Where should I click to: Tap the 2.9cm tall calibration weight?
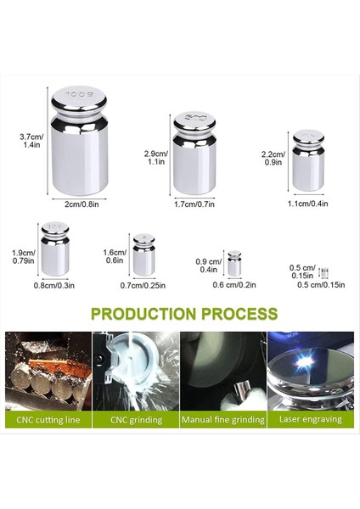194,153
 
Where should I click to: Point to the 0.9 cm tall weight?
234,264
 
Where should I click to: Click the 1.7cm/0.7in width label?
194,204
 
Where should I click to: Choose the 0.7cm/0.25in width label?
143,286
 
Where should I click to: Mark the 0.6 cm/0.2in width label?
234,286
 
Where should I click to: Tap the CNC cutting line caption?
48,419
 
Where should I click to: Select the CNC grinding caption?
135,419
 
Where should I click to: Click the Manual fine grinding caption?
222,419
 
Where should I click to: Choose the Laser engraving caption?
310,419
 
